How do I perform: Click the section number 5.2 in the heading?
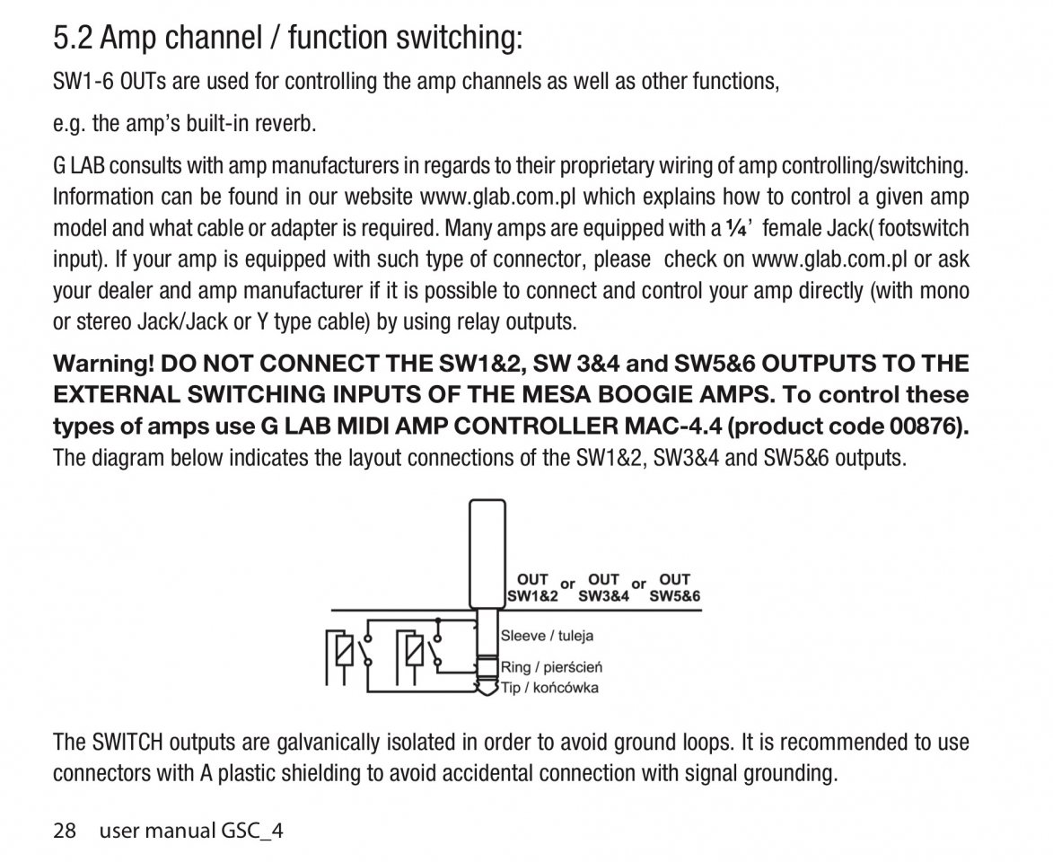(x=74, y=39)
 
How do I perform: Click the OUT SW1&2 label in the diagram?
(x=532, y=587)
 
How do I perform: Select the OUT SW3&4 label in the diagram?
(x=603, y=587)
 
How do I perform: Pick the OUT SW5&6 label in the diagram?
(x=674, y=587)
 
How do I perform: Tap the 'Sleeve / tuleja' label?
(x=546, y=636)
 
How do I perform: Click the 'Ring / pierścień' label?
(x=551, y=667)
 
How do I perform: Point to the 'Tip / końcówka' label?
(x=549, y=688)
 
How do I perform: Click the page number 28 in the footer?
(x=65, y=831)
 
